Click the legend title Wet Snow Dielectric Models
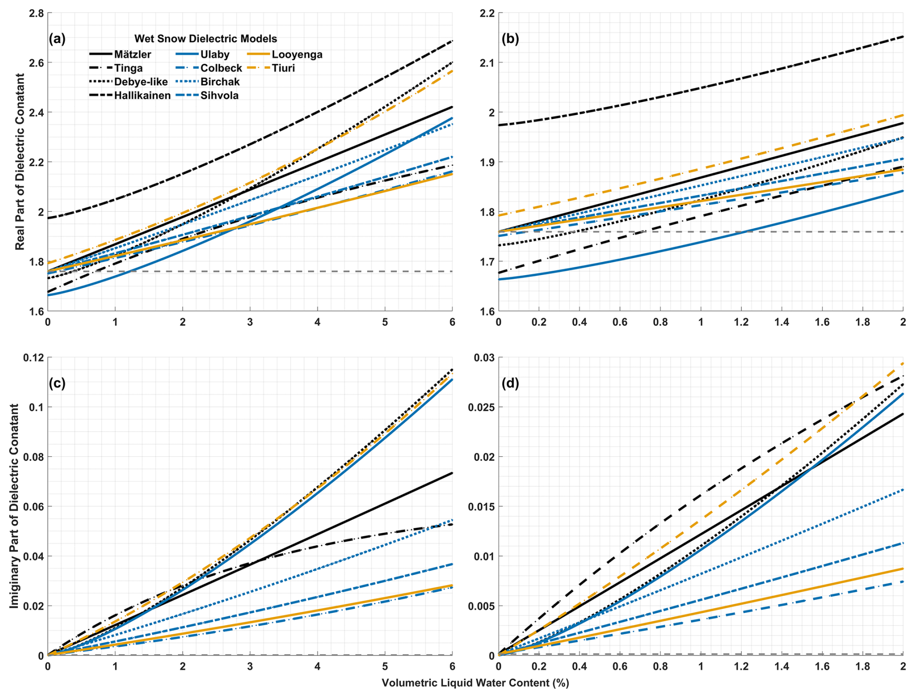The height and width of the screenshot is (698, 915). (206, 39)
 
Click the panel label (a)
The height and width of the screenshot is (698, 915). (57, 39)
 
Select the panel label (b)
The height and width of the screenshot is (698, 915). (510, 39)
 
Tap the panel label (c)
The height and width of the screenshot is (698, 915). (57, 383)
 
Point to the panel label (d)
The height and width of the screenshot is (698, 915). (510, 383)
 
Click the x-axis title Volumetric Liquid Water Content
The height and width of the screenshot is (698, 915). (475, 683)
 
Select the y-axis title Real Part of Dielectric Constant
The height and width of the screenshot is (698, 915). (20, 161)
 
